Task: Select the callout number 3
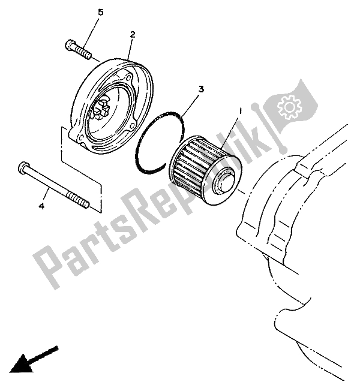pyautogui.click(x=202, y=89)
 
